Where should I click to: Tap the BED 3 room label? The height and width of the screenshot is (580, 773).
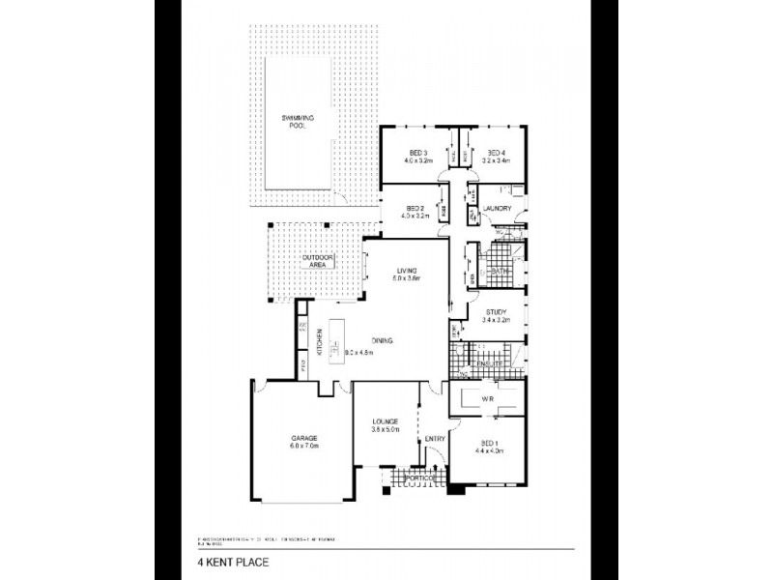(x=417, y=153)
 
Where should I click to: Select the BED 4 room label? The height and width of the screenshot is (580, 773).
(x=497, y=153)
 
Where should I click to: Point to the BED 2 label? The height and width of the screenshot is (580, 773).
(x=416, y=209)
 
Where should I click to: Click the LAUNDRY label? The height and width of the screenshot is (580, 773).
(x=497, y=209)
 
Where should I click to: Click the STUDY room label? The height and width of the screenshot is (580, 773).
(x=497, y=311)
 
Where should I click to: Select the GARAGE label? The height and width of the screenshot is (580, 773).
(x=303, y=439)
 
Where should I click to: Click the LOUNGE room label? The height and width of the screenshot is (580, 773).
(x=385, y=422)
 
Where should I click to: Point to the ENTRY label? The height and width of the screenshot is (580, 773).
(x=434, y=439)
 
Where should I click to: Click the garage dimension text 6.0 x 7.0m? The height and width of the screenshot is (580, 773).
(x=303, y=447)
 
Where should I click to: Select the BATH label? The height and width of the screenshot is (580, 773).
(x=500, y=273)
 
